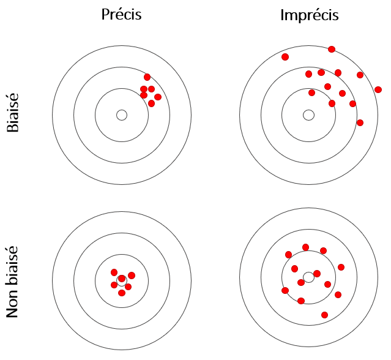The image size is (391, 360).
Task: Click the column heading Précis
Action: click(121, 15)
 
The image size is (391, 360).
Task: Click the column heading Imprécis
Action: click(309, 15)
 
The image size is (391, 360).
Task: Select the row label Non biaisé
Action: click(13, 281)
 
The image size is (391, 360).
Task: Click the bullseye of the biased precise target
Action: click(122, 115)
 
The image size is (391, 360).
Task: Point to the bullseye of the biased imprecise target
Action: click(309, 115)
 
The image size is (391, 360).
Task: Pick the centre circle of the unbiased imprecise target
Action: click(309, 277)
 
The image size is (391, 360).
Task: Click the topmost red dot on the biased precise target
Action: click(147, 77)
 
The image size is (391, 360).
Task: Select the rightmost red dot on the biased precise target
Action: click(158, 97)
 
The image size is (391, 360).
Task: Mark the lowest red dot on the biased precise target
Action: click(151, 103)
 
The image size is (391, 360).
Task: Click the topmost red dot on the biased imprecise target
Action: click(332, 49)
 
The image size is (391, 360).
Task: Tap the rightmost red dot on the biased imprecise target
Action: click(378, 90)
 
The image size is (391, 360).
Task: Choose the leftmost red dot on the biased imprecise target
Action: click(285, 57)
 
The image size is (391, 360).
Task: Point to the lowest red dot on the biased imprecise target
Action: click(360, 122)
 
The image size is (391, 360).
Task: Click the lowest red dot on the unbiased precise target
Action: click(122, 293)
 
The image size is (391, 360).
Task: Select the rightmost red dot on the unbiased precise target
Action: click(132, 276)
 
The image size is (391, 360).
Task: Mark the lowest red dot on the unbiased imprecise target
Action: click(324, 315)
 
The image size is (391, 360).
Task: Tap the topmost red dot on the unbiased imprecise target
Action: click(305, 247)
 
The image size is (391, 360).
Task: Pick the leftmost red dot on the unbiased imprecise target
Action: click(285, 290)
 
